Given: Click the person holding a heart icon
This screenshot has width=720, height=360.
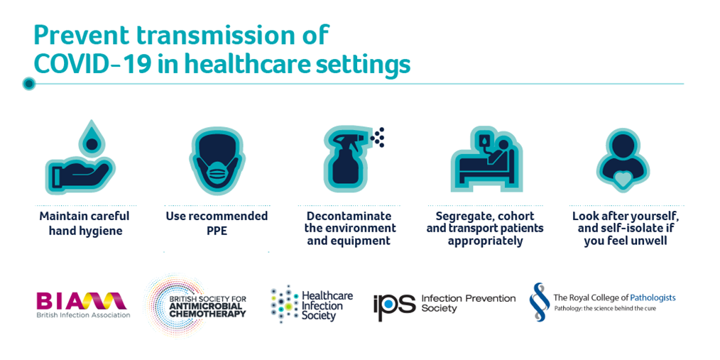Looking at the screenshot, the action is tap(623, 159).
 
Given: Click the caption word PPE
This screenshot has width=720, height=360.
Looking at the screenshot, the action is tap(217, 231).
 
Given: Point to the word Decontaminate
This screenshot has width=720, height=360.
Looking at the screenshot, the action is tap(349, 216).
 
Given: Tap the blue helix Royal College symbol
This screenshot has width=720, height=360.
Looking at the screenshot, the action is tap(540, 302).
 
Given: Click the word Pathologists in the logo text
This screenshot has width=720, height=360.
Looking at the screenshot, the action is tap(653, 298).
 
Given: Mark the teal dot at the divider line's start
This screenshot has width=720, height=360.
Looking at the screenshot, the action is tap(29, 84).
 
